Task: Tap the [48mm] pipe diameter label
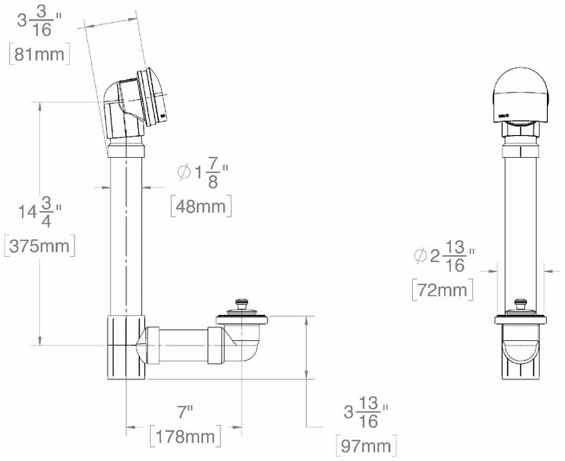[x=201, y=206]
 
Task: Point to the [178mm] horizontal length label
[x=184, y=435]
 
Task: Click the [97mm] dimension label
[x=365, y=447]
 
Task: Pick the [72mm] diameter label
[x=442, y=291]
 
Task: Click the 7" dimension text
[x=184, y=411]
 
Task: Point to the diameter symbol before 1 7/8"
[x=184, y=172]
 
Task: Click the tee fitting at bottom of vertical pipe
[x=125, y=346]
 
